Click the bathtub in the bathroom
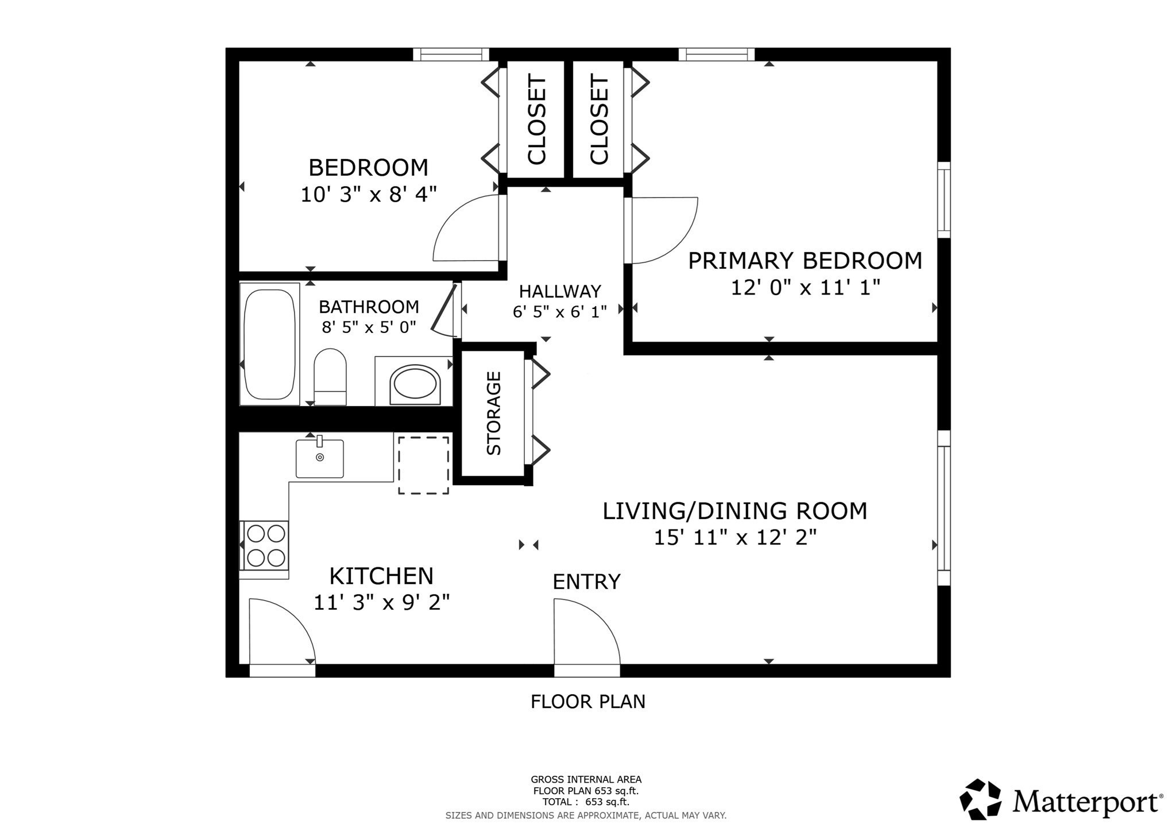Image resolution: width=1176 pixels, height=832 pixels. [269, 344]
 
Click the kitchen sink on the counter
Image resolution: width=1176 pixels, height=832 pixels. [320, 458]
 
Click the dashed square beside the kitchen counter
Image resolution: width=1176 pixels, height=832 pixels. [424, 465]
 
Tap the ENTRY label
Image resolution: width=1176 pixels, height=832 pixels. [586, 582]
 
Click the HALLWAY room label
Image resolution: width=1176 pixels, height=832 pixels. [560, 291]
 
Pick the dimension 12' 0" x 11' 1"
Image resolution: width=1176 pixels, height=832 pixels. [805, 287]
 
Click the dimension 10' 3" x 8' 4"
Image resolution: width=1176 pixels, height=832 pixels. [369, 194]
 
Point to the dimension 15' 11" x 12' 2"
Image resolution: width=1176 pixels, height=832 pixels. [735, 537]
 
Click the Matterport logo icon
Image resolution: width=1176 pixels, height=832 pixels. [980, 799]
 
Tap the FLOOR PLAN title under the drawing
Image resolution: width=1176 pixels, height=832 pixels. [588, 702]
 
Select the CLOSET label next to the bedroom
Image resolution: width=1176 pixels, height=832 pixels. [537, 119]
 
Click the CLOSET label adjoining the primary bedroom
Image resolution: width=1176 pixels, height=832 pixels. [599, 119]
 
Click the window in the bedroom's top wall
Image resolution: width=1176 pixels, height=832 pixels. [451, 55]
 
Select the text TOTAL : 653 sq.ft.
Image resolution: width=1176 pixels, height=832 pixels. [586, 802]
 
